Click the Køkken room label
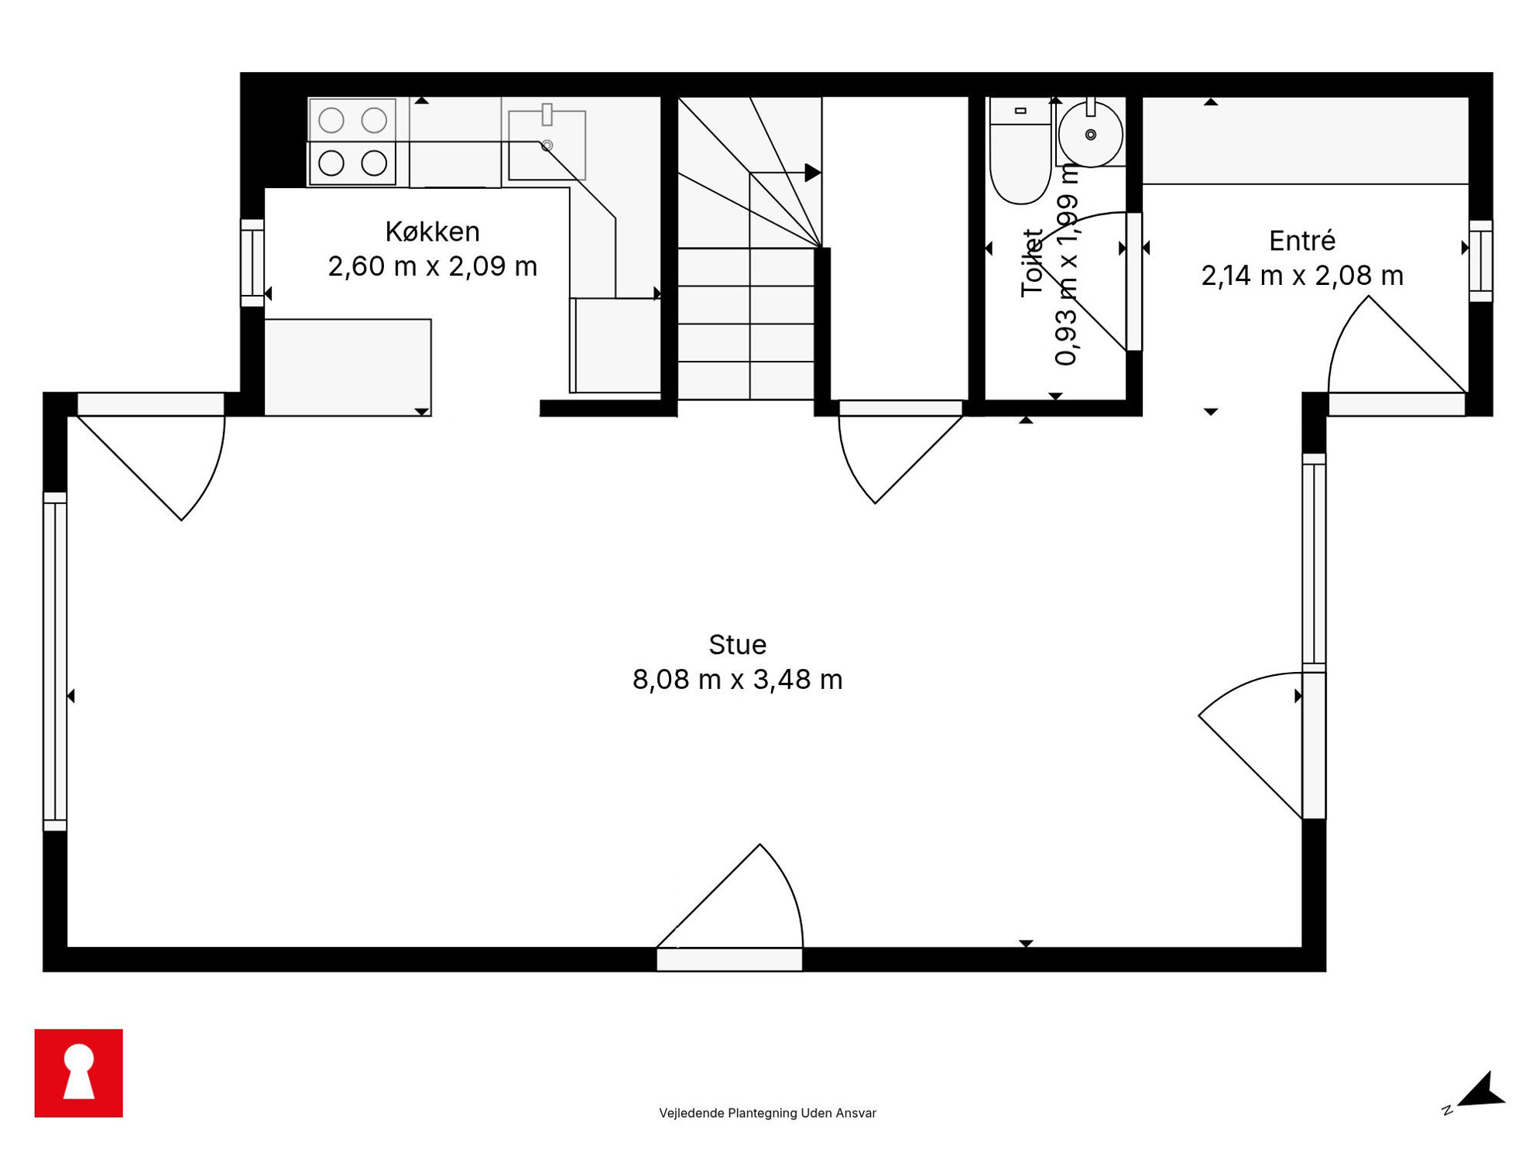point(432,231)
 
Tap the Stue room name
point(737,644)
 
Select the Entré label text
point(1302,240)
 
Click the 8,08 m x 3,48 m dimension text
point(737,679)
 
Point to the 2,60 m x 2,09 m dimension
point(432,266)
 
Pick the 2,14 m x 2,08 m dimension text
point(1302,275)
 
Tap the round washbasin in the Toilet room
point(1090,135)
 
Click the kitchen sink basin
point(547,145)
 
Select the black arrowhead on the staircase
point(812,172)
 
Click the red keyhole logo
point(78,1073)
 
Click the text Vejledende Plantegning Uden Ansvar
point(767,1113)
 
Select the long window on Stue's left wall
point(55,661)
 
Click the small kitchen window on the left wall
point(252,262)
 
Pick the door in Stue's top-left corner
point(151,457)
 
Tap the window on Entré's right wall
point(1480,261)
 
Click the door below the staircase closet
point(900,452)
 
